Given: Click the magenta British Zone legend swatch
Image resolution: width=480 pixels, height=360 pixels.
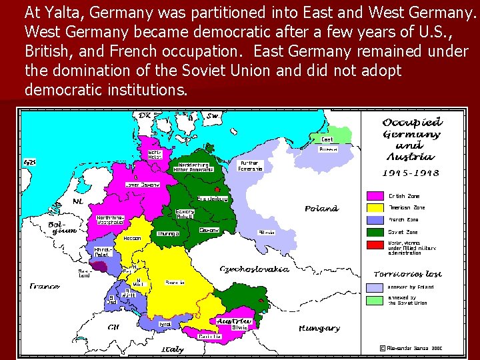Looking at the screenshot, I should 375,196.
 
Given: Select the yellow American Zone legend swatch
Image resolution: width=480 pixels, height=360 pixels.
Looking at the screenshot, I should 375,207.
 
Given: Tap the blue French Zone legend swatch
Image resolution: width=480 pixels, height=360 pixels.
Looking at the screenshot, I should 375,219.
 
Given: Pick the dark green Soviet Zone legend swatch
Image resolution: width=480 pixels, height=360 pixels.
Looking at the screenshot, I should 375,232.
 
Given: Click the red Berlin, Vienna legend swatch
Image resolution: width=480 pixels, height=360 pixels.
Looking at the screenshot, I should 375,245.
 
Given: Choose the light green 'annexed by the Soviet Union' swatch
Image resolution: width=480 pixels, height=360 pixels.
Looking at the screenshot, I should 375,300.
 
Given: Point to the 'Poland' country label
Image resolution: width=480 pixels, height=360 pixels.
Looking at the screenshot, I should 321,209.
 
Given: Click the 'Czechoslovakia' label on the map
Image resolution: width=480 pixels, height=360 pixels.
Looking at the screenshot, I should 254,269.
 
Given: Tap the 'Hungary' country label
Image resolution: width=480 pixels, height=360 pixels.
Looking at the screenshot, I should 319,329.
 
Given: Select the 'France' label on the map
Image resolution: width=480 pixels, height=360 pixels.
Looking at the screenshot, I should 44,287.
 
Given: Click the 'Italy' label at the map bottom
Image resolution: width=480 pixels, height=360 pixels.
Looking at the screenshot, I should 172,349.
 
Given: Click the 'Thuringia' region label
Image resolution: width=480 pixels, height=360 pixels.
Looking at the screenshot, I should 168,234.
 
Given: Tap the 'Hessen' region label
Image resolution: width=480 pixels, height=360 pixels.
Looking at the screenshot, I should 131,239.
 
